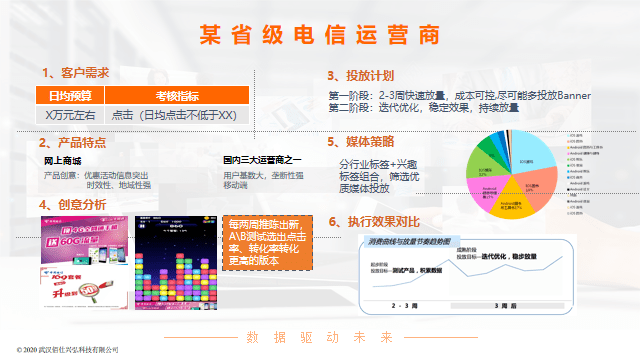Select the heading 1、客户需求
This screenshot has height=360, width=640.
tap(75, 73)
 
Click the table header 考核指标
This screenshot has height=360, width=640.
tap(176, 96)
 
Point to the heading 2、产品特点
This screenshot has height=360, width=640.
tap(73, 143)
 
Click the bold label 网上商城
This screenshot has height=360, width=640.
tap(63, 160)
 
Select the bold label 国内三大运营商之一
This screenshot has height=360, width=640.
tap(262, 160)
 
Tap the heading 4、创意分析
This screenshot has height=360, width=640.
tap(73, 205)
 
